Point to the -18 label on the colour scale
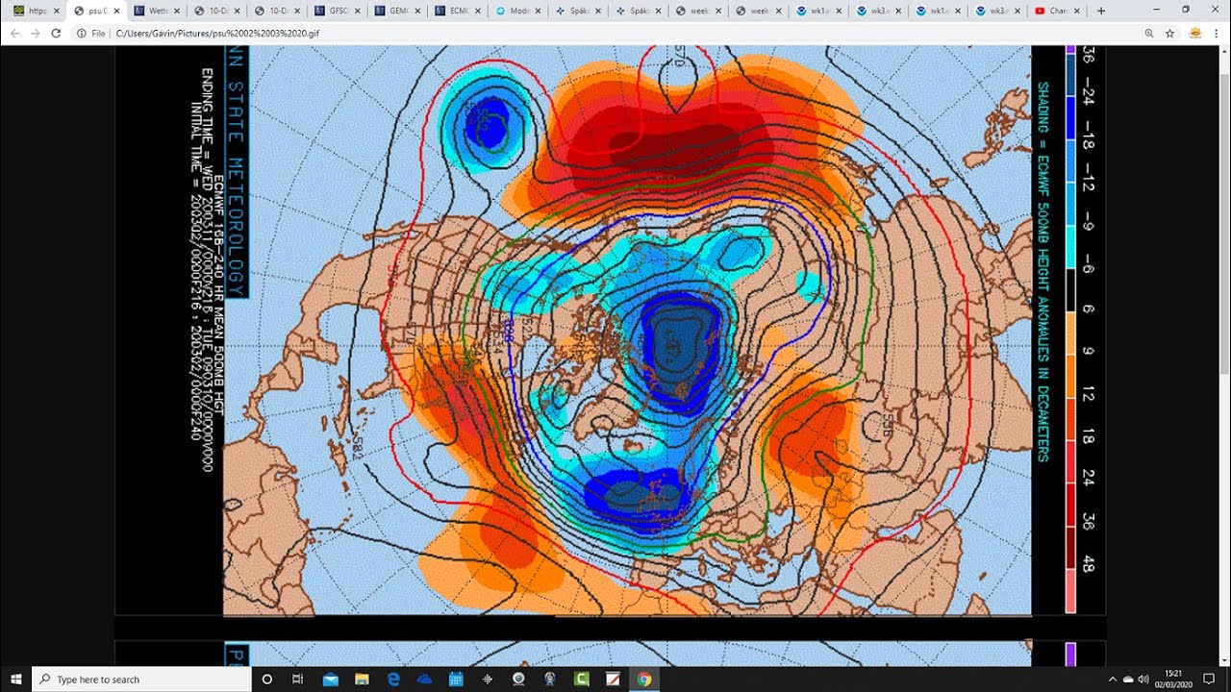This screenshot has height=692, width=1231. (x=1088, y=141)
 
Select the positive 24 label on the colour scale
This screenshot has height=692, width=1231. (x=1088, y=477)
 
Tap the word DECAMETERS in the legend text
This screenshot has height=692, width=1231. (x=1043, y=412)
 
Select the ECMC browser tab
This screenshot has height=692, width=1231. (x=453, y=12)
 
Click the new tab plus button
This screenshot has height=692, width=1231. (x=1101, y=12)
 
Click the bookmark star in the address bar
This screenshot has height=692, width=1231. (x=1170, y=33)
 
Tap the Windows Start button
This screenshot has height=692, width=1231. (x=16, y=680)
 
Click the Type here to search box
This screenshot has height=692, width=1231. (x=144, y=680)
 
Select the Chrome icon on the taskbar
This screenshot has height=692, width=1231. (x=643, y=680)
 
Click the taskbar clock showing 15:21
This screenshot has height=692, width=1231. (x=1172, y=680)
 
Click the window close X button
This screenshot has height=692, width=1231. (x=1214, y=10)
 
